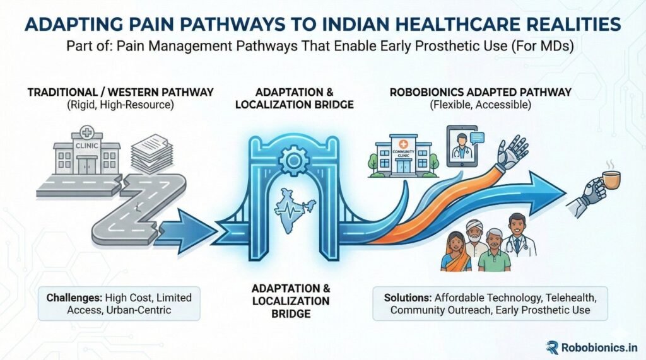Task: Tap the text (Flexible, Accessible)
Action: [x=480, y=105]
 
